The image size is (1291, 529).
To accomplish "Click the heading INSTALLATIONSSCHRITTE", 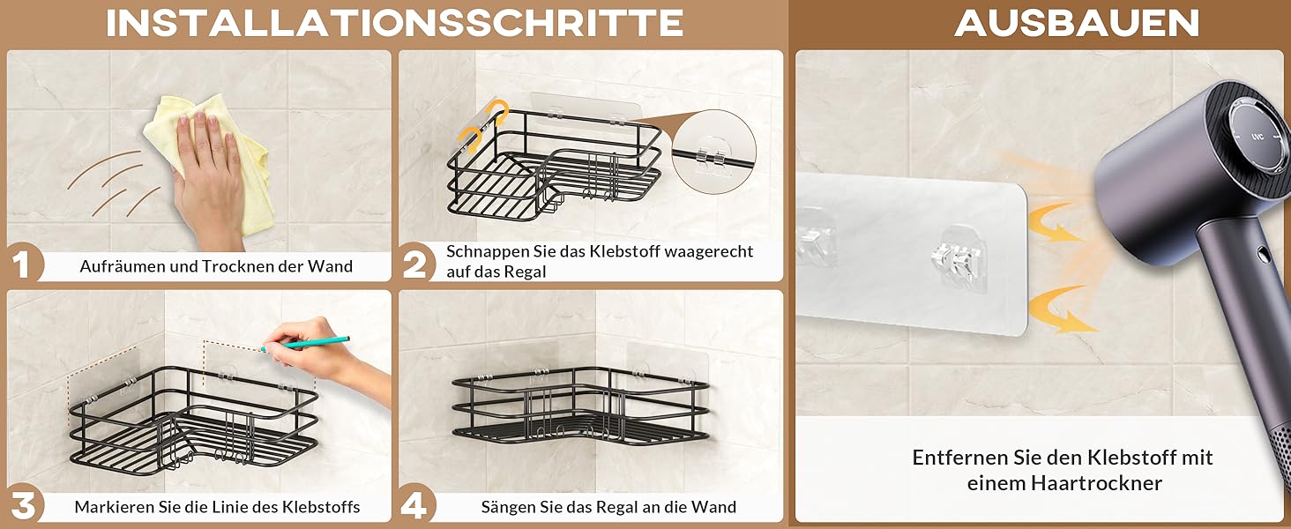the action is pos(394,23).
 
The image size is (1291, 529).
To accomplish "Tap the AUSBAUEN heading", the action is pos(1077,23).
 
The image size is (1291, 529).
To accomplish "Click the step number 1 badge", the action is pos(22,264).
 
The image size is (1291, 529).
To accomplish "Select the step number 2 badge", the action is pos(416,264).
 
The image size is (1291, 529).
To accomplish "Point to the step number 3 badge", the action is pos(23,504).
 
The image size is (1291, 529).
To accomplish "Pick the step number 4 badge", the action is pos(415,504).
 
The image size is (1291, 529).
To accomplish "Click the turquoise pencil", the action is pos(304,344).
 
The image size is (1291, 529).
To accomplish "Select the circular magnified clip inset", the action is pos(713,152).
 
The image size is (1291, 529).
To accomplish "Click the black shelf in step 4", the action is pos(581,406).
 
